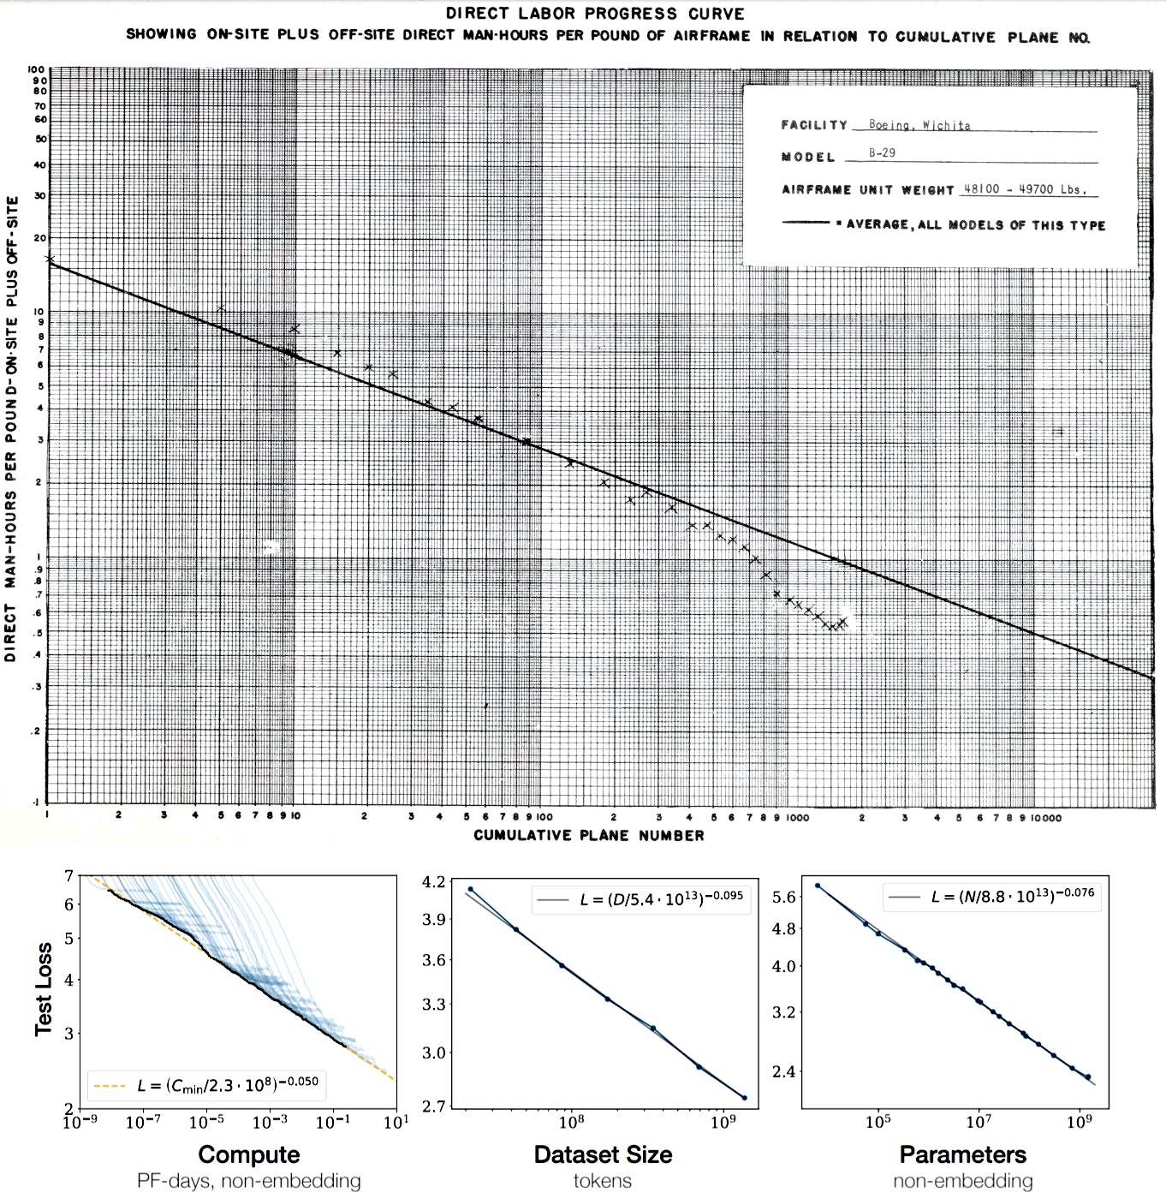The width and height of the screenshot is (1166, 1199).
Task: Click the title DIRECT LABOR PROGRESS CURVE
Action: tap(595, 14)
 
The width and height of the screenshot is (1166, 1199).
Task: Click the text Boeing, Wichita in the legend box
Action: tap(919, 125)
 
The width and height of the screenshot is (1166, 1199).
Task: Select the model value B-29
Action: tap(882, 154)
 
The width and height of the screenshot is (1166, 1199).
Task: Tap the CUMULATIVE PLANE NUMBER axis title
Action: tap(589, 835)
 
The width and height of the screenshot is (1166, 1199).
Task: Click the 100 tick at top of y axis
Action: tap(36, 70)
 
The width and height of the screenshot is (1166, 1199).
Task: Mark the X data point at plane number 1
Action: tap(50, 258)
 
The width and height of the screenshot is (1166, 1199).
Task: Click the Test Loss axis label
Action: tap(44, 989)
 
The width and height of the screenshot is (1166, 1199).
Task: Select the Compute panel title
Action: tap(249, 1154)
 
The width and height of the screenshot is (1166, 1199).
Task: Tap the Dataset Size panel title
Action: tap(603, 1154)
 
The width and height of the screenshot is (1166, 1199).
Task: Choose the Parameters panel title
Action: tap(962, 1154)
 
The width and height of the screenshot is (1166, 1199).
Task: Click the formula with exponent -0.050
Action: tap(228, 1085)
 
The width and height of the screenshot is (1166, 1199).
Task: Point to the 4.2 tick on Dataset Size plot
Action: tap(434, 881)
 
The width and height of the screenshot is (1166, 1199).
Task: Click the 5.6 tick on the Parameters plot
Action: tap(784, 897)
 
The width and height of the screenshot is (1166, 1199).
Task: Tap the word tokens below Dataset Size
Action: tap(603, 1181)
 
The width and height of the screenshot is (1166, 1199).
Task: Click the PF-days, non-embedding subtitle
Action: tap(249, 1181)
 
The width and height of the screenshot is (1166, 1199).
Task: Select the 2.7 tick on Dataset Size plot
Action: tap(434, 1106)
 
